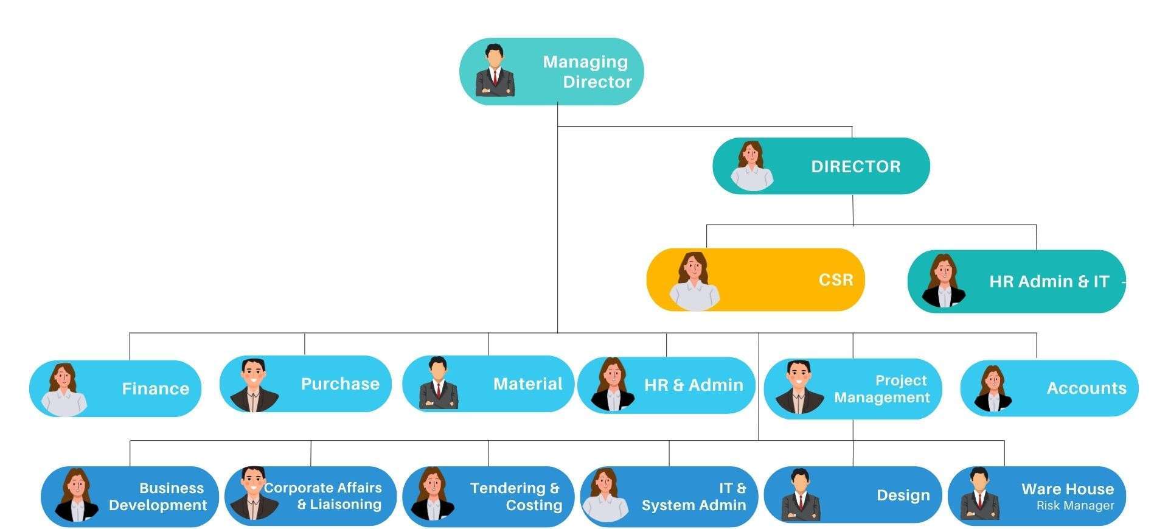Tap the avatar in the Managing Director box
click(495, 71)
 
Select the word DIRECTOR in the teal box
click(855, 167)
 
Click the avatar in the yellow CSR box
click(694, 281)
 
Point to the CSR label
click(835, 280)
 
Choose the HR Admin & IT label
click(1049, 282)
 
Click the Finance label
click(155, 389)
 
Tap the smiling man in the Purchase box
click(254, 385)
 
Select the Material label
click(527, 384)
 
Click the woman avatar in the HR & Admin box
click(612, 385)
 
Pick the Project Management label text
click(882, 389)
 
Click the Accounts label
click(1086, 388)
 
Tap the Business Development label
click(158, 497)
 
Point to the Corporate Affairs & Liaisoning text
click(323, 496)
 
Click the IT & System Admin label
click(694, 497)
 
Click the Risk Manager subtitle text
click(1075, 506)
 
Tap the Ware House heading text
click(1067, 489)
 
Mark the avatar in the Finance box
click(64, 390)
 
